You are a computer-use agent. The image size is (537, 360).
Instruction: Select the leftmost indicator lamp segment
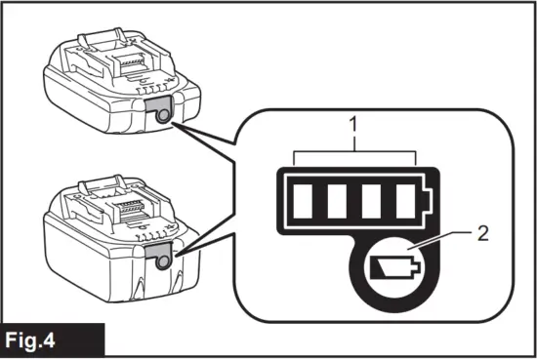pos(306,201)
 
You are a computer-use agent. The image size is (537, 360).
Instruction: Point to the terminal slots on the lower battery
pos(137,210)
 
